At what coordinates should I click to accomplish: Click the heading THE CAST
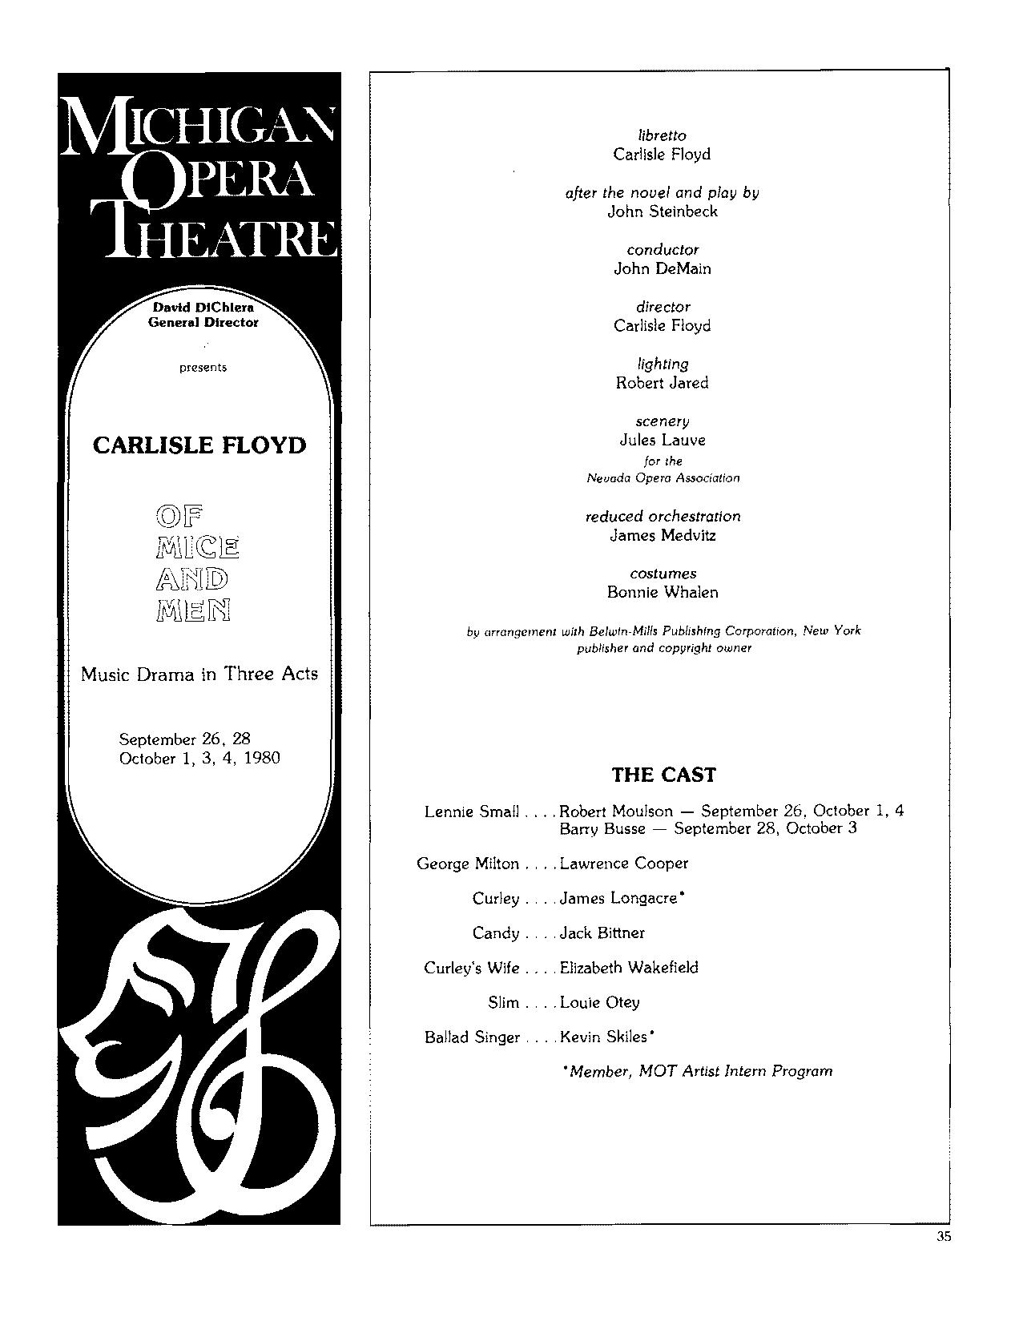[x=663, y=775]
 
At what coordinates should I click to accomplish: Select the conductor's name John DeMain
[x=662, y=268]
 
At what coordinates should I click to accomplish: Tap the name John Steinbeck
[x=662, y=211]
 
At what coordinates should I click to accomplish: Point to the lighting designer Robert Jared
[x=662, y=383]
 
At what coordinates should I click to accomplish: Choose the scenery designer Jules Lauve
[x=662, y=440]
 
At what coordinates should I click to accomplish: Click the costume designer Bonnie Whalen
[x=662, y=593]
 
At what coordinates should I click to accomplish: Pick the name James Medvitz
[x=662, y=535]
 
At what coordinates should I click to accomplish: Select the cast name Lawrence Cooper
[x=624, y=864]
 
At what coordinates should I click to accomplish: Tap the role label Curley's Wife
[x=471, y=968]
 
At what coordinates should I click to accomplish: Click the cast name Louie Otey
[x=599, y=1002]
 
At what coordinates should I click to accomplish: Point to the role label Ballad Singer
[x=472, y=1037]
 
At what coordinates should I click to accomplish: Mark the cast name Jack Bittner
[x=602, y=933]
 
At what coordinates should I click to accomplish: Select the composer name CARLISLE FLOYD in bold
[x=199, y=445]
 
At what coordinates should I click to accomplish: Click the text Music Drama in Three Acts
[x=199, y=675]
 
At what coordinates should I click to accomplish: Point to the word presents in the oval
[x=203, y=368]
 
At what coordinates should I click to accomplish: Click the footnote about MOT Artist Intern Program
[x=698, y=1071]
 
